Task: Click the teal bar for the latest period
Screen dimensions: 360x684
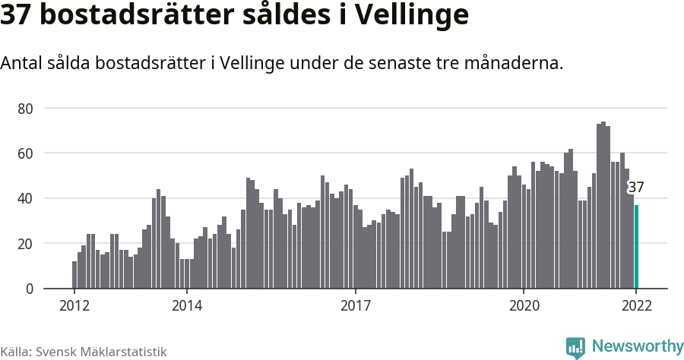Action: coord(637,247)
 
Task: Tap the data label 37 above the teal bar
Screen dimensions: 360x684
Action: coord(636,188)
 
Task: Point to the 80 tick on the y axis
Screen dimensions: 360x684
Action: coord(25,109)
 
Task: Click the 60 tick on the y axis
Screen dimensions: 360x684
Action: coord(25,153)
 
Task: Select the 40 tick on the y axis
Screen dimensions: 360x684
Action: coord(25,199)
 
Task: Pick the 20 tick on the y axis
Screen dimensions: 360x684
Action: coord(25,244)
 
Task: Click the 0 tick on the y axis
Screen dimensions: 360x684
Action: coord(30,289)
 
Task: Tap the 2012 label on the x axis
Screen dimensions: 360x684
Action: coord(74,306)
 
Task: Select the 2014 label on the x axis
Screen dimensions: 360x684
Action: coord(186,306)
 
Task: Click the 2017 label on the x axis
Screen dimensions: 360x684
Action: coord(355,306)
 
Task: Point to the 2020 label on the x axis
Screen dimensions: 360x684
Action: coord(524,306)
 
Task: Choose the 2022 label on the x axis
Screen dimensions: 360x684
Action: coord(636,306)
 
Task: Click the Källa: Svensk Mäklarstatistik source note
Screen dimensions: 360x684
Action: coord(83,352)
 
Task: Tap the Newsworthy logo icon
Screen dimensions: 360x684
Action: coord(575,348)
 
